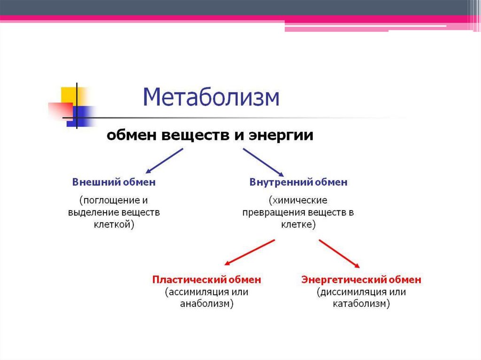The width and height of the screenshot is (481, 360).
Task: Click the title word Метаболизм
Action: (x=211, y=98)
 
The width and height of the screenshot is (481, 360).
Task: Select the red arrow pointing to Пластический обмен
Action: (x=249, y=253)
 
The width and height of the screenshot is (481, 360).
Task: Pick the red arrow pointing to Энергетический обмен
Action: (x=340, y=253)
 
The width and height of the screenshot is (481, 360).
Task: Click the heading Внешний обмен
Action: (x=114, y=182)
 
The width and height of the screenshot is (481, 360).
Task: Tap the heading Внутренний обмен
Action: (x=299, y=182)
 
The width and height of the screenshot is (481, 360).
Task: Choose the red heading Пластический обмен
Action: (x=207, y=280)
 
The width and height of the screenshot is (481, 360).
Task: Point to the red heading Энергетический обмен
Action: (x=361, y=280)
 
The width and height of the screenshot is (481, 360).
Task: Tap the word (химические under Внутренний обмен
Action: (x=298, y=200)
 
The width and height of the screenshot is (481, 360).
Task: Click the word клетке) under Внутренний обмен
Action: (x=298, y=225)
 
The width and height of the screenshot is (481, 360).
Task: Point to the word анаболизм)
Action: (x=207, y=304)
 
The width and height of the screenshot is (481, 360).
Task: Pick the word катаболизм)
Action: (x=361, y=304)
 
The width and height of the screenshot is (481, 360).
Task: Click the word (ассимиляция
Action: (x=194, y=292)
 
